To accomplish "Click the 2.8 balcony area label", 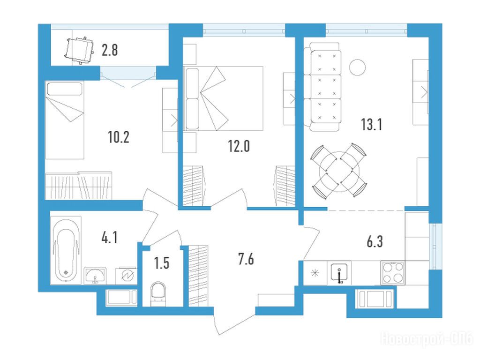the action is (x=110, y=50).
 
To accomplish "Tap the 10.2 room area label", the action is (x=119, y=137).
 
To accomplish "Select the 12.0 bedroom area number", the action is (x=239, y=146).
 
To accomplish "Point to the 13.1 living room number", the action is (x=371, y=125).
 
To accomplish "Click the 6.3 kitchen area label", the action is (x=375, y=241).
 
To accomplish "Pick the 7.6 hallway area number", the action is (x=246, y=259).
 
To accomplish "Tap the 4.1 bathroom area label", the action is (x=109, y=237).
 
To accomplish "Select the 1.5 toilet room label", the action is (x=162, y=263).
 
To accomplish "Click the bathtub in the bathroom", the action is (x=66, y=250).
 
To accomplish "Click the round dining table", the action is (x=339, y=172).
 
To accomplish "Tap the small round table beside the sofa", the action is (x=357, y=67).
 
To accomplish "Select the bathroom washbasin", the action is (x=96, y=275).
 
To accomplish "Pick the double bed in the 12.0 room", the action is (x=223, y=98).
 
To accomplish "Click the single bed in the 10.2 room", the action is (x=65, y=120).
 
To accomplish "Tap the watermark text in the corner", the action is (x=427, y=339).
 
